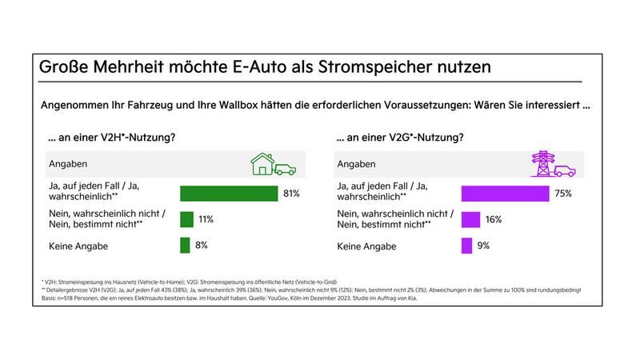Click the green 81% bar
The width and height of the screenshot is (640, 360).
(228, 193)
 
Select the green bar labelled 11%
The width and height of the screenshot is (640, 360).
(186, 219)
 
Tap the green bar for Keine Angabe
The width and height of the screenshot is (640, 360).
(185, 246)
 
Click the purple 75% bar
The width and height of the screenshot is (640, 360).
(505, 193)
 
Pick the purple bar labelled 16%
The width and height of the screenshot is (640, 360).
(470, 219)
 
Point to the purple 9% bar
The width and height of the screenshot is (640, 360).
(466, 246)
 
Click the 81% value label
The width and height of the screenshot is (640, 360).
(291, 193)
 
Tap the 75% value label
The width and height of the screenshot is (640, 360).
(565, 193)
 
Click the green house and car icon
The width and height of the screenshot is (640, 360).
(273, 165)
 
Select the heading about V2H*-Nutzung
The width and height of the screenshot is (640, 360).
(112, 138)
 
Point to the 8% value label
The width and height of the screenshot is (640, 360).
(201, 246)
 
